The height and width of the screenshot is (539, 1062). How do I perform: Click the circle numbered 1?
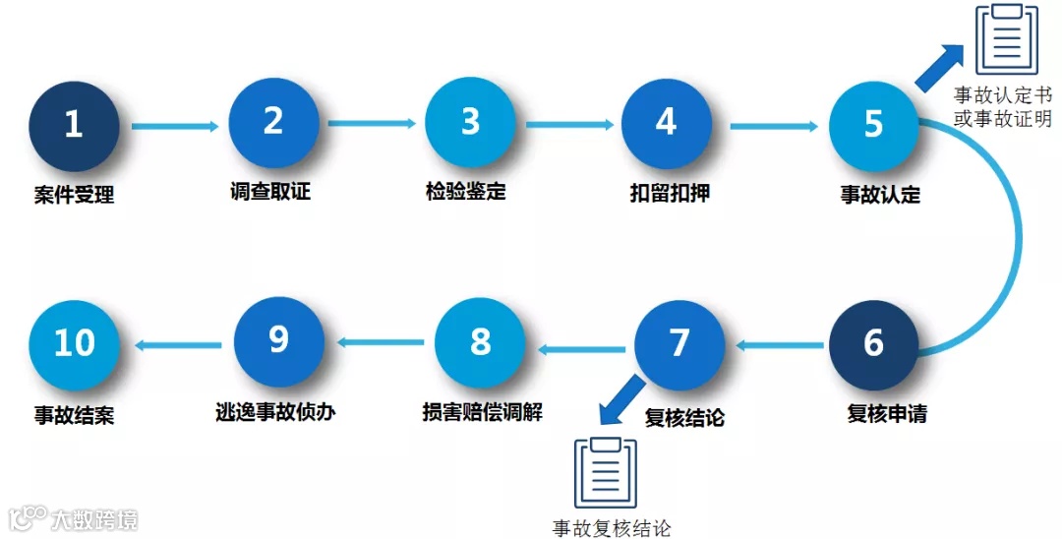pyautogui.click(x=74, y=125)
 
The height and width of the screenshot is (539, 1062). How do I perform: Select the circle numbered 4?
pyautogui.click(x=666, y=123)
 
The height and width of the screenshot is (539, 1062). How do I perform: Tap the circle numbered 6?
pyautogui.click(x=873, y=345)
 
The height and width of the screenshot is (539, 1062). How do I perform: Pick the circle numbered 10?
pyautogui.click(x=74, y=343)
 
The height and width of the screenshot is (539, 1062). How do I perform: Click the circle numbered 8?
pyautogui.click(x=480, y=342)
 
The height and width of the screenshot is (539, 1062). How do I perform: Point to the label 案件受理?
pyautogui.click(x=74, y=196)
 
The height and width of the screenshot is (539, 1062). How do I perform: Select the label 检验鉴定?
pyautogui.click(x=466, y=191)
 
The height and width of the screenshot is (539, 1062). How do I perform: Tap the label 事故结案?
pyautogui.click(x=74, y=415)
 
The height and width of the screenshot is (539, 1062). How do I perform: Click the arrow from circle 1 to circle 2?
pyautogui.click(x=174, y=126)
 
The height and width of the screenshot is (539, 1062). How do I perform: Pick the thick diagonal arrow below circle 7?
pyautogui.click(x=623, y=397)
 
